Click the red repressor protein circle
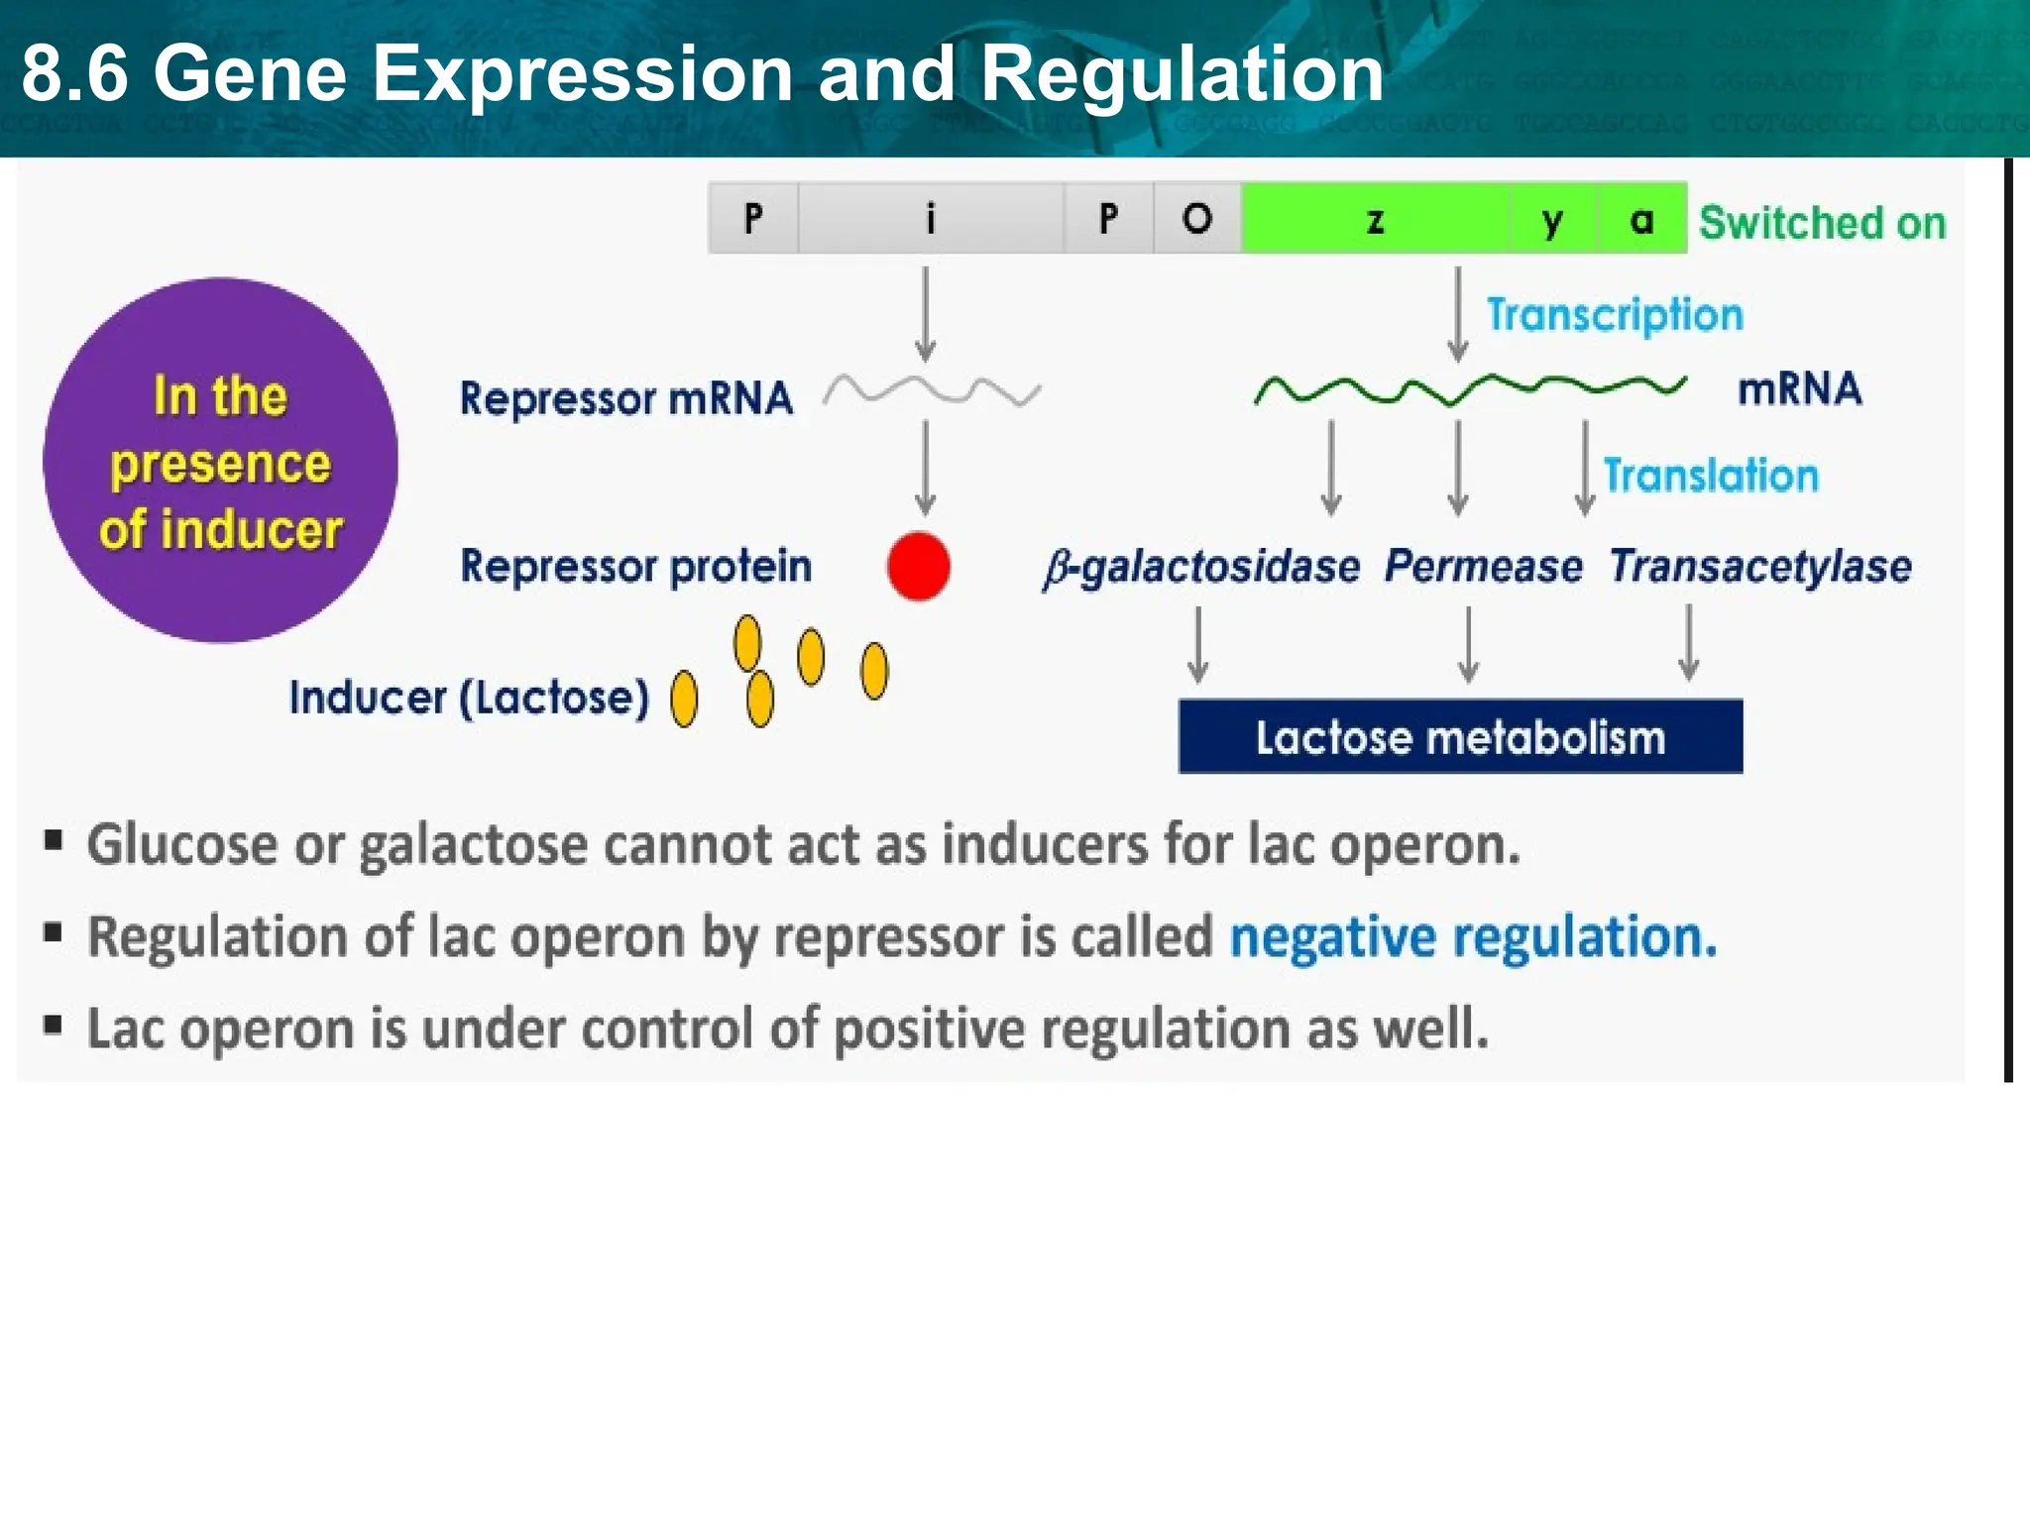(x=918, y=566)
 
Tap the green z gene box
(x=1375, y=219)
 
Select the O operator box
(x=1196, y=219)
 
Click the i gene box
(x=930, y=219)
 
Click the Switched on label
(x=1822, y=223)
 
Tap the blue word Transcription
(x=1614, y=315)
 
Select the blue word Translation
(x=1711, y=476)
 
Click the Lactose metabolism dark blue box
(x=1459, y=737)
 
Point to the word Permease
(x=1483, y=567)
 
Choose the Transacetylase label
(x=1759, y=567)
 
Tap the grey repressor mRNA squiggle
(x=932, y=391)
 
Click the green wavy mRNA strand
(x=1469, y=389)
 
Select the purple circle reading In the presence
(x=220, y=461)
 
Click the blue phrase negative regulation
(x=1472, y=937)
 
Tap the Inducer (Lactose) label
(x=468, y=698)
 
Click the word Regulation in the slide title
(x=1182, y=74)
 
